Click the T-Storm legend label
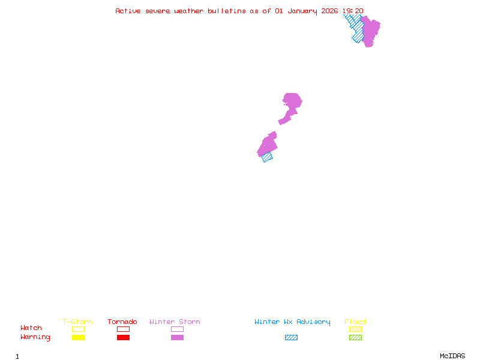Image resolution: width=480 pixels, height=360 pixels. click(77, 322)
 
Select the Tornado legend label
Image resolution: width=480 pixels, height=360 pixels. click(122, 322)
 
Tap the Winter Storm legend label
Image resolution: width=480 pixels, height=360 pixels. click(175, 322)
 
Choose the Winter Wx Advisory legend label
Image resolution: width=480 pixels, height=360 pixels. click(292, 322)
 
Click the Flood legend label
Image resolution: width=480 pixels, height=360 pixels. click(355, 322)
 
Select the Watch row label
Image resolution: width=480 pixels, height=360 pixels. click(31, 328)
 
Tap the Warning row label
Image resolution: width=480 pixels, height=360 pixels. click(35, 337)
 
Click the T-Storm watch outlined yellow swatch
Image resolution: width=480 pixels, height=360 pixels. click(78, 329)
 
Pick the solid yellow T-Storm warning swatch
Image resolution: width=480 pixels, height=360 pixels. click(78, 338)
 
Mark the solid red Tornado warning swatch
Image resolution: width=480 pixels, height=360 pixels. click(123, 338)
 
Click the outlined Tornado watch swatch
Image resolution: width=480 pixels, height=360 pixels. click(123, 329)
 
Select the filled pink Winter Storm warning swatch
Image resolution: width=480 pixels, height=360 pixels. click(177, 338)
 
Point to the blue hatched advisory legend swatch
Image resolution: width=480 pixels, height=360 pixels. click(291, 338)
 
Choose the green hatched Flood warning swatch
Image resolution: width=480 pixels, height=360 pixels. click(355, 338)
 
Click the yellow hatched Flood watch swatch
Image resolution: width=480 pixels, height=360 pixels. click(355, 329)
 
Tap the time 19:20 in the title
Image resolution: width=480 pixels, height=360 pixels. click(353, 11)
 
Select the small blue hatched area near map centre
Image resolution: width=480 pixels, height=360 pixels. click(267, 157)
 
